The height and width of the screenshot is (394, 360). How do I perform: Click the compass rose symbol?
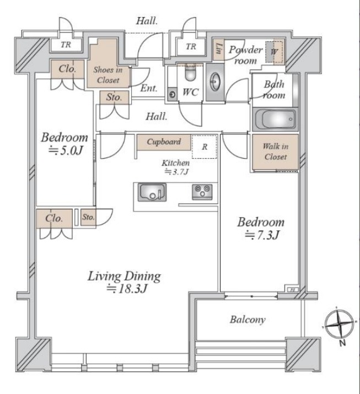click(340, 324)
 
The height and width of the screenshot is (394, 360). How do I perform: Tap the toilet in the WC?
click(190, 72)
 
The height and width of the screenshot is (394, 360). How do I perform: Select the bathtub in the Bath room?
click(275, 120)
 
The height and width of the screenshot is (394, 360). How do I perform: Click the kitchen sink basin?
click(152, 192)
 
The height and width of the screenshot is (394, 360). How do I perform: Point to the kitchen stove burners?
click(202, 192)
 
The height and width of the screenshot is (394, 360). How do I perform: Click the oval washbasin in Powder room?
click(215, 82)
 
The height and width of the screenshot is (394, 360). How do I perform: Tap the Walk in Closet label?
click(276, 152)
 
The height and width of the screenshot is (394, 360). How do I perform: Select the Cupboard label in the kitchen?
click(164, 142)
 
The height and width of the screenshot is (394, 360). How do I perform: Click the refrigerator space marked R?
click(205, 147)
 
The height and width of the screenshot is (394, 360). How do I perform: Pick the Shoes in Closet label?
click(108, 75)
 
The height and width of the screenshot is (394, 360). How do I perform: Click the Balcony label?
click(248, 320)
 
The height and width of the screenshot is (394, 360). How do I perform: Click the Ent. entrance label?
click(148, 88)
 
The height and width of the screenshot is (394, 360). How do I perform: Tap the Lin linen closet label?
click(219, 48)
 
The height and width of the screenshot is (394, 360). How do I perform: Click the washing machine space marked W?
click(274, 52)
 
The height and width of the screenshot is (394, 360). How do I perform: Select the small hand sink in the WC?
click(172, 94)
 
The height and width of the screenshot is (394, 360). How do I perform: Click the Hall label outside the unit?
click(147, 21)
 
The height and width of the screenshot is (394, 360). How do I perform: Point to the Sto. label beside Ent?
click(114, 97)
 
